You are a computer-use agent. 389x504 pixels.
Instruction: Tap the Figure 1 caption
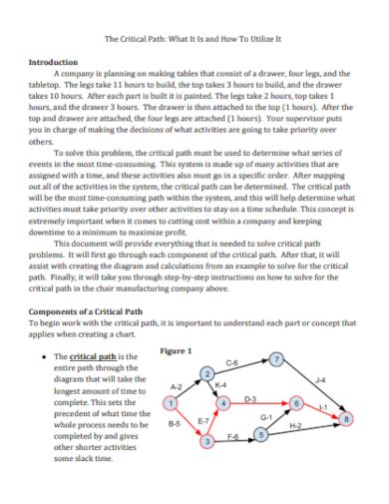177,350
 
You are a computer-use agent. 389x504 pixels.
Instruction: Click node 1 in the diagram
171,403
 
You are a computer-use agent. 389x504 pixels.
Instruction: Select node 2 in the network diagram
207,373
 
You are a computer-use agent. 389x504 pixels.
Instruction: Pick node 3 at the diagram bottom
207,441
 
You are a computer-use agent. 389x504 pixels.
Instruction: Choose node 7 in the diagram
277,359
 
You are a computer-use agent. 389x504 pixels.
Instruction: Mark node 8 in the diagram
346,419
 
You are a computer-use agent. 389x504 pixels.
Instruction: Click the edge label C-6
232,363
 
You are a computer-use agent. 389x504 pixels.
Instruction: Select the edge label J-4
319,380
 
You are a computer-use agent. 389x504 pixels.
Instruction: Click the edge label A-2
177,385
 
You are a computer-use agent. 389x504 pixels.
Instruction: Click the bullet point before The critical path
39,356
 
